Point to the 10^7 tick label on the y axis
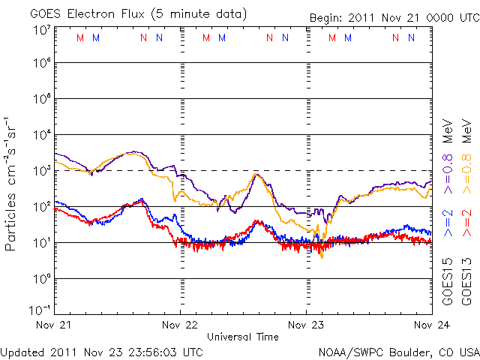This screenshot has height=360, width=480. [x=40, y=30]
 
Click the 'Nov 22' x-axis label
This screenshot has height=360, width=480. [x=181, y=325]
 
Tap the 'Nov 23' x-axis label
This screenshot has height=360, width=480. [x=307, y=325]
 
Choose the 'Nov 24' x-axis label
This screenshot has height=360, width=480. [x=431, y=325]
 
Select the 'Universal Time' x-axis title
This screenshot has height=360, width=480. [x=243, y=337]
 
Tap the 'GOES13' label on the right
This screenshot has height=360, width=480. [x=466, y=285]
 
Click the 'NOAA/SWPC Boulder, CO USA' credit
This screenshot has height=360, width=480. [x=397, y=352]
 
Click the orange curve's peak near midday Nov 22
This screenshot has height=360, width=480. [x=256, y=175]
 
